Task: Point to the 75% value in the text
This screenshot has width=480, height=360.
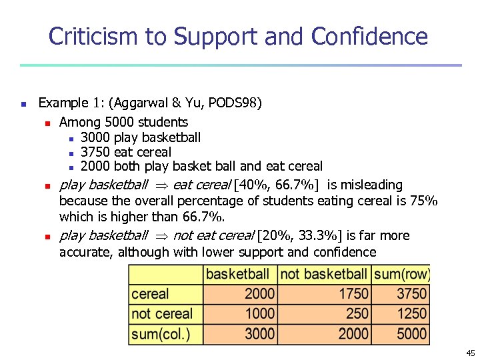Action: click(423, 201)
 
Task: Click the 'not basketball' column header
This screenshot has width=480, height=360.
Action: click(324, 274)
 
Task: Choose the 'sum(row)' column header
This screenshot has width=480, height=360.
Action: click(402, 274)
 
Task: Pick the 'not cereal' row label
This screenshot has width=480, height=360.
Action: click(162, 313)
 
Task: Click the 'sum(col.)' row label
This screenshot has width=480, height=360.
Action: click(161, 333)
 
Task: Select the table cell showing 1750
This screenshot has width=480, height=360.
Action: click(353, 294)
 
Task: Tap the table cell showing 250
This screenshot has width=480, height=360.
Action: click(357, 313)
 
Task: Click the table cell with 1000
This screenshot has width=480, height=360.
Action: click(260, 313)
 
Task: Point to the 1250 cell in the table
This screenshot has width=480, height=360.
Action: click(412, 313)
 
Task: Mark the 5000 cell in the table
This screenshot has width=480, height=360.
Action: click(412, 333)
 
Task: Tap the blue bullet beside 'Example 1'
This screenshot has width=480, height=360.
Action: click(23, 104)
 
